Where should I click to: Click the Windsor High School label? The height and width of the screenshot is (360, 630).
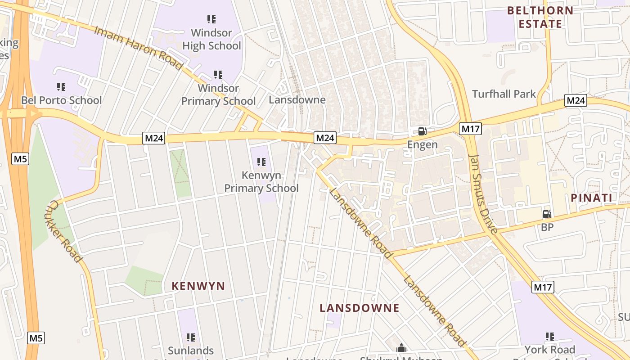coord(211,39)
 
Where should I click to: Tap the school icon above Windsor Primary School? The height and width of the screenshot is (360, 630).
coord(218,74)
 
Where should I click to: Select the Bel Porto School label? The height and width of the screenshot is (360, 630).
coord(62,100)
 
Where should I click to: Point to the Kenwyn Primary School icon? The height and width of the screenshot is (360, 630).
coord(261,162)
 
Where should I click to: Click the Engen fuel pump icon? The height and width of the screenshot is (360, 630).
coord(422,131)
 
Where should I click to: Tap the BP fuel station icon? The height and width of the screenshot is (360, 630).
coord(547,214)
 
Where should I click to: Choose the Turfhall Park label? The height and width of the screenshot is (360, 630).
coord(504,94)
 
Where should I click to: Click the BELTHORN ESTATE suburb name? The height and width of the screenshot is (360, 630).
coord(540,17)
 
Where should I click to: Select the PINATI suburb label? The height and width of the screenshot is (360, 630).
coord(591,198)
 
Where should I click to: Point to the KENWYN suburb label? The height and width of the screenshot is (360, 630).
coord(198,286)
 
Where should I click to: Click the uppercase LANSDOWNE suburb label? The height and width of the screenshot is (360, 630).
coord(360,308)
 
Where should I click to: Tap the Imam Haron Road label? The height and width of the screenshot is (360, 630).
coord(139,48)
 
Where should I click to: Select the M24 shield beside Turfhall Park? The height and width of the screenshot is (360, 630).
coord(576,100)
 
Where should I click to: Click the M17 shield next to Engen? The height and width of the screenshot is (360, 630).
coord(471,129)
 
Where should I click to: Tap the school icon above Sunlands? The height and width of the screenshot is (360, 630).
coord(191,337)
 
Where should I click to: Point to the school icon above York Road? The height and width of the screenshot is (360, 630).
coord(549,337)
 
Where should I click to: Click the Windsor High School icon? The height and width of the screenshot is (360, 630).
coord(211,19)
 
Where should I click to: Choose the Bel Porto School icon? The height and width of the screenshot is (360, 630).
coord(61,86)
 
